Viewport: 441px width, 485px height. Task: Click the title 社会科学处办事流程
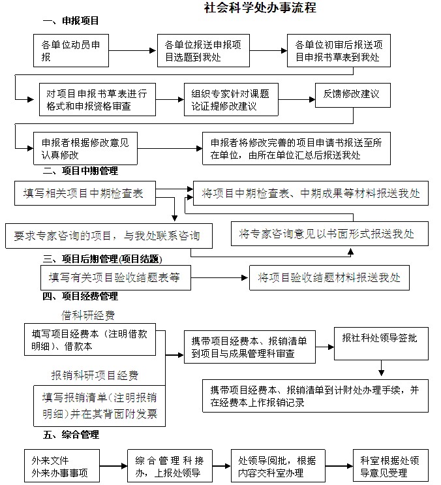click(x=260, y=7)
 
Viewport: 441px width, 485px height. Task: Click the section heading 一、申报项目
click(x=70, y=21)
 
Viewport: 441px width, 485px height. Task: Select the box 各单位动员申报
click(x=71, y=51)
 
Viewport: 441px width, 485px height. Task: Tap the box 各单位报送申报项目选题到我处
click(x=204, y=51)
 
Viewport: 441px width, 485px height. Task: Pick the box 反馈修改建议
click(x=353, y=95)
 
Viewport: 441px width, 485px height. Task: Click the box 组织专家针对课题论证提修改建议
click(x=231, y=100)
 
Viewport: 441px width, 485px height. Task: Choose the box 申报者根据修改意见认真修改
click(x=85, y=148)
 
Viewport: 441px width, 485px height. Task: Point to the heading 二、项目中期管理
click(x=80, y=170)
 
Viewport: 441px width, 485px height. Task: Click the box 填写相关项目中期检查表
click(x=85, y=193)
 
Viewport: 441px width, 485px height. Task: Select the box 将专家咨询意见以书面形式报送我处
click(x=329, y=234)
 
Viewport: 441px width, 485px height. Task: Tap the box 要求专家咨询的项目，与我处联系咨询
click(x=109, y=236)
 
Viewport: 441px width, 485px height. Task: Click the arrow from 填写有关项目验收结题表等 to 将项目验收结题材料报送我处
click(x=219, y=278)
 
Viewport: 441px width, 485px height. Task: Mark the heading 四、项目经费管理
click(x=80, y=296)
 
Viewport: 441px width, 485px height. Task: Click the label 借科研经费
click(x=88, y=315)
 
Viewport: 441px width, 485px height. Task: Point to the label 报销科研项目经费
click(x=95, y=375)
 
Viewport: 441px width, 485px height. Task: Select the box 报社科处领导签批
click(x=381, y=343)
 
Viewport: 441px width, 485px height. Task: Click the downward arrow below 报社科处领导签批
click(x=381, y=368)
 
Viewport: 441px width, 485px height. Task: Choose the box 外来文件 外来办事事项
click(x=62, y=466)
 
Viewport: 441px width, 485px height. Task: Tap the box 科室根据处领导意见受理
click(x=391, y=466)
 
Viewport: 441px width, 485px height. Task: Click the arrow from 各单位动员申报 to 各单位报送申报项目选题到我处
click(x=132, y=50)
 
